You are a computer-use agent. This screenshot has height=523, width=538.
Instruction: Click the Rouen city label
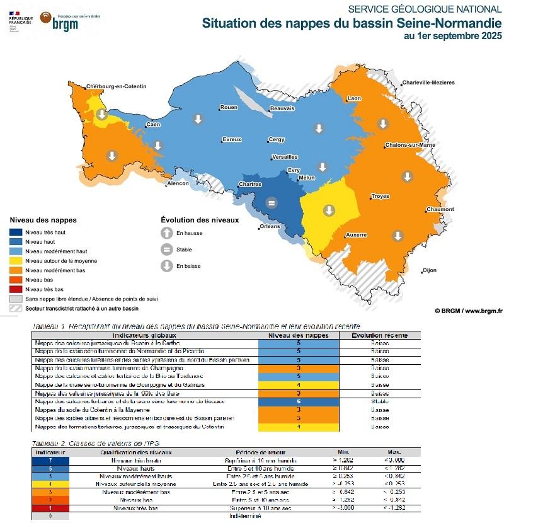[229, 108]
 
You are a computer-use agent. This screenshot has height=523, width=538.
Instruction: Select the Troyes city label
[380, 197]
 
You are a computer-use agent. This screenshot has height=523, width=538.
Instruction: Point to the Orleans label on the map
[269, 227]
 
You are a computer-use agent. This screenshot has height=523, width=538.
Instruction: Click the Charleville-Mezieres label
[428, 83]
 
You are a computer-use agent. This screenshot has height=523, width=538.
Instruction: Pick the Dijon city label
[429, 271]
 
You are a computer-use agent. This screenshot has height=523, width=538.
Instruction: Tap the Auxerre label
[356, 235]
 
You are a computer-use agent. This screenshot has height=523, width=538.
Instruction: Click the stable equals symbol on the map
[272, 203]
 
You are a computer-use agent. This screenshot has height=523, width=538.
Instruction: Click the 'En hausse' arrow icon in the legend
[167, 233]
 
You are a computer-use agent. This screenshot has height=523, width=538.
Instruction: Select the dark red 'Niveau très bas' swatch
[16, 289]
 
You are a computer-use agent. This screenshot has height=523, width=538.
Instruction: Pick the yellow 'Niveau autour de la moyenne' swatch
[16, 261]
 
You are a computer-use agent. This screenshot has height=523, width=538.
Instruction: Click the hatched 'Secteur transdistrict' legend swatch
[16, 309]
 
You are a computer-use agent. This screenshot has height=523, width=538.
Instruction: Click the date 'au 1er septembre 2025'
[453, 36]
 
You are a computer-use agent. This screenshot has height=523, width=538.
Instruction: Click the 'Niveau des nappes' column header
[299, 335]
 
